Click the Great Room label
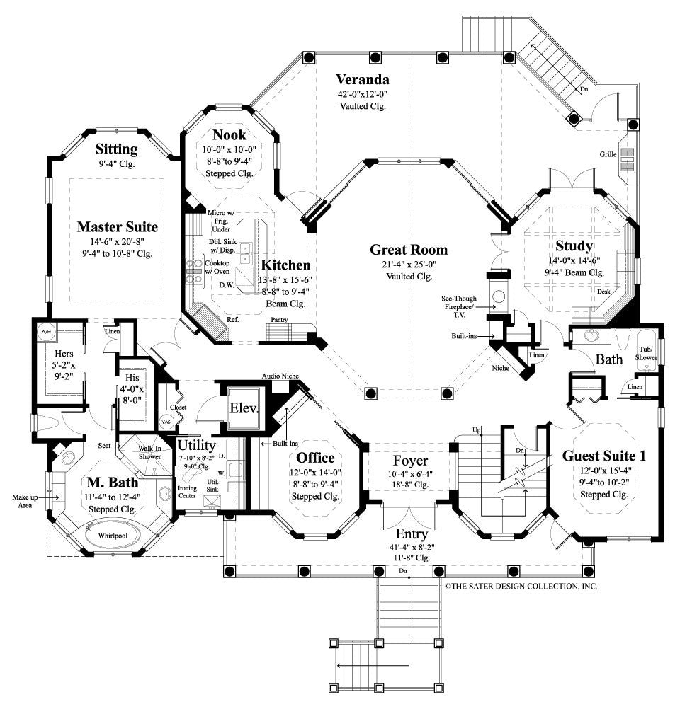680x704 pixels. (409, 250)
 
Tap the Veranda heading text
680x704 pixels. (363, 79)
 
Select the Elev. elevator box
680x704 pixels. (242, 409)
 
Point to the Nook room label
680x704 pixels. (229, 134)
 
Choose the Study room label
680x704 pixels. (574, 246)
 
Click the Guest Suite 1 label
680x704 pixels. (603, 456)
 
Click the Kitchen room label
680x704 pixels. (285, 265)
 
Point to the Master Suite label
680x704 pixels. (117, 227)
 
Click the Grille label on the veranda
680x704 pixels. (607, 154)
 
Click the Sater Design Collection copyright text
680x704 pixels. (521, 587)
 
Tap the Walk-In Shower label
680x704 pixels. (149, 453)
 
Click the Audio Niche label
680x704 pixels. (279, 376)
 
